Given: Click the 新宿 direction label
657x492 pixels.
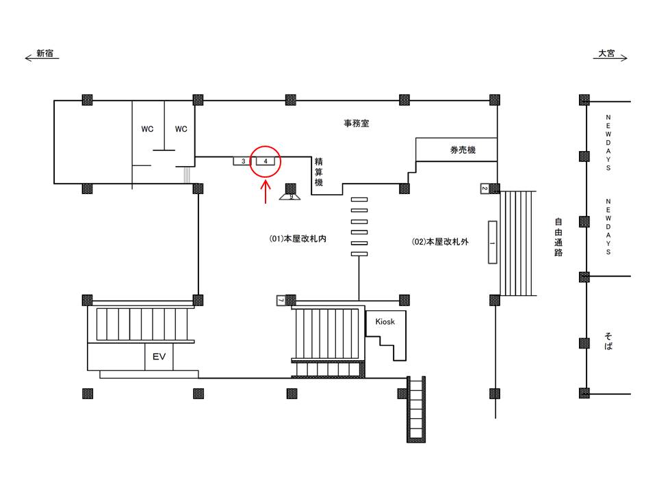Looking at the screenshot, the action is [x=45, y=53].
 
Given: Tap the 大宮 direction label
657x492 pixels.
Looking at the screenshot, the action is [x=606, y=53].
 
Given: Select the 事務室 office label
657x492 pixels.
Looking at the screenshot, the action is [x=357, y=124].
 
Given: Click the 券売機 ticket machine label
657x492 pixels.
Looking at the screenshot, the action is [x=463, y=150].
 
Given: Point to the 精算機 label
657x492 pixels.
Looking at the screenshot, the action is [x=319, y=172].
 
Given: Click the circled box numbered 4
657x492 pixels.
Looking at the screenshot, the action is [x=266, y=161].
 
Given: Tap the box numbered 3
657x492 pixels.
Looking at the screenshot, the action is [x=242, y=161].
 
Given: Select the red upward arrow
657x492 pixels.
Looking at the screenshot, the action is [x=266, y=191].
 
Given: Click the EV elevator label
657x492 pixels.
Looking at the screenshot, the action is [x=159, y=357].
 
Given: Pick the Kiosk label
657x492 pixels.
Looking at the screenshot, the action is [x=385, y=321].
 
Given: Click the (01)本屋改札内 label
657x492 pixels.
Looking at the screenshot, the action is [x=298, y=239].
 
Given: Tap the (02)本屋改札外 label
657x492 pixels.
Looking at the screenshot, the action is [x=440, y=241].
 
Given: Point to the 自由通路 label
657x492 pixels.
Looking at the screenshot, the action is [x=558, y=237].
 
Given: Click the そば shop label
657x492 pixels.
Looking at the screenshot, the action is [x=608, y=341].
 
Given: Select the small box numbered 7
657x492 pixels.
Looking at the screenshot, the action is [x=281, y=300].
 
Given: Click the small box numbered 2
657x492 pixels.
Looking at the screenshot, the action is [x=485, y=189].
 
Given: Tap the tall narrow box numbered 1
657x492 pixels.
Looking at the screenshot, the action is [x=492, y=242].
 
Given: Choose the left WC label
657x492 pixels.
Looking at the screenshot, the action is [x=147, y=129].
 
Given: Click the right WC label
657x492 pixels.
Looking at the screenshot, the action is [x=181, y=129].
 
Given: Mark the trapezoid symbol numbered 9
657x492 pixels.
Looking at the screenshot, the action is [x=290, y=197].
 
